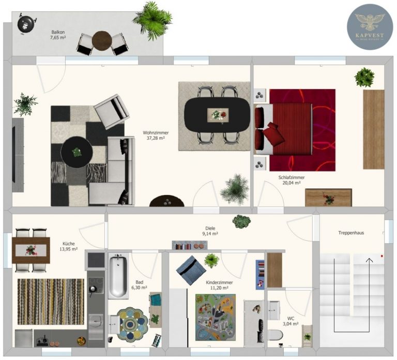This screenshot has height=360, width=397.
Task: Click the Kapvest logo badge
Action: click(x=370, y=26)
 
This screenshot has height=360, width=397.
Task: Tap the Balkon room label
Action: click(x=58, y=32)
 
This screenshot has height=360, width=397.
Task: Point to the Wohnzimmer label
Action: click(x=156, y=133)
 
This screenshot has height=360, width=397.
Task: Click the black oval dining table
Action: click(x=217, y=115)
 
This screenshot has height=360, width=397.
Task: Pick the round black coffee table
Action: click(x=77, y=152)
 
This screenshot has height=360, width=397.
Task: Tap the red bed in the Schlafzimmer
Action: click(x=283, y=129)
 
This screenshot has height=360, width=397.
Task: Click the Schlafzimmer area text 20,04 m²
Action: click(x=292, y=183)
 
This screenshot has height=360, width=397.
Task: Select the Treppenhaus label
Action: click(x=351, y=233)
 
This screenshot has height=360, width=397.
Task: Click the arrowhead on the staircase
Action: click(x=370, y=260)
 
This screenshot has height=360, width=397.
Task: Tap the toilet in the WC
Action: click(x=275, y=335)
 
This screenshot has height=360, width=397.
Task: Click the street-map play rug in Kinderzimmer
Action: click(x=216, y=317)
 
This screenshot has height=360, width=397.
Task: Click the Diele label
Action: click(x=210, y=228)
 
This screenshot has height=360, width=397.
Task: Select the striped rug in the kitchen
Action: click(x=51, y=302)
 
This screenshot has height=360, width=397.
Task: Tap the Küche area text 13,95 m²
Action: click(x=68, y=249)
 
